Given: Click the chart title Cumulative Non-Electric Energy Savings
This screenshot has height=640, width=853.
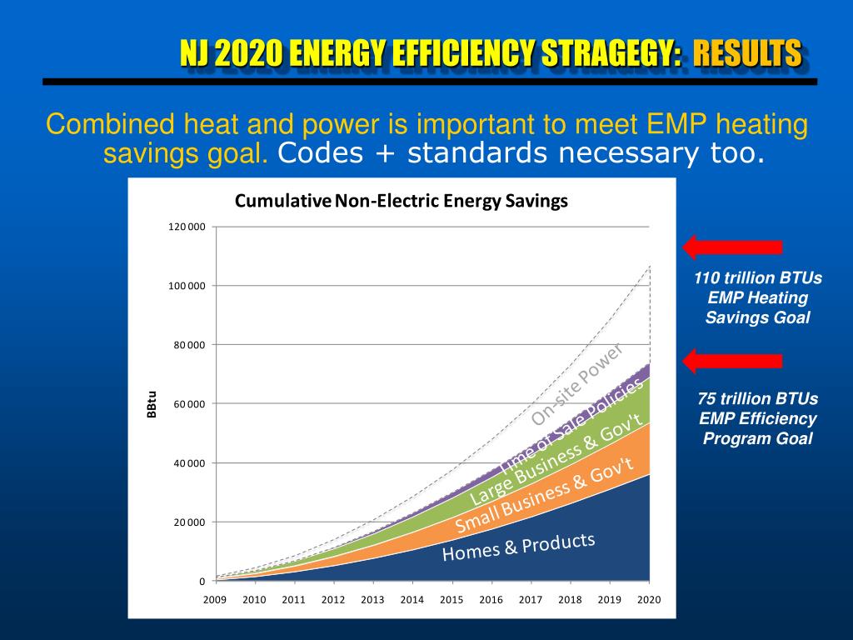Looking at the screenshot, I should click(x=401, y=201).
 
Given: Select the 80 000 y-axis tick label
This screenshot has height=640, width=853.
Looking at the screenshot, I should click(x=190, y=345).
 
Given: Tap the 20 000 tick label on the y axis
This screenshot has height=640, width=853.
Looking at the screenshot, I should click(x=190, y=522).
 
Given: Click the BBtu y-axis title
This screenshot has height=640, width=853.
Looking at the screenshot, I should click(x=152, y=404).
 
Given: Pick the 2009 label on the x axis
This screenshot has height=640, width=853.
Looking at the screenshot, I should click(x=215, y=599).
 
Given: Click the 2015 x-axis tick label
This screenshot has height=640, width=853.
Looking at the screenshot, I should click(x=451, y=599).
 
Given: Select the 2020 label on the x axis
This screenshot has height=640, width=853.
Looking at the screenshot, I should click(x=649, y=599).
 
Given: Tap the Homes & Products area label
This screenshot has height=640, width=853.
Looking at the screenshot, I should click(x=518, y=547).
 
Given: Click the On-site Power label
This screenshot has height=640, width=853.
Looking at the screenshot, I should click(x=577, y=383).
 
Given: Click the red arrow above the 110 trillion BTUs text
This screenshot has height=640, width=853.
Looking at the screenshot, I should click(x=732, y=247).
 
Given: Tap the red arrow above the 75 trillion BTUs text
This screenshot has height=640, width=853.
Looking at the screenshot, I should click(x=732, y=361).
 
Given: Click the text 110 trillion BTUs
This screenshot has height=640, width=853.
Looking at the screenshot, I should click(x=757, y=278).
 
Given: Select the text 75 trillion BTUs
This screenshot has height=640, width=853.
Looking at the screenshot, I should click(x=757, y=398).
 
